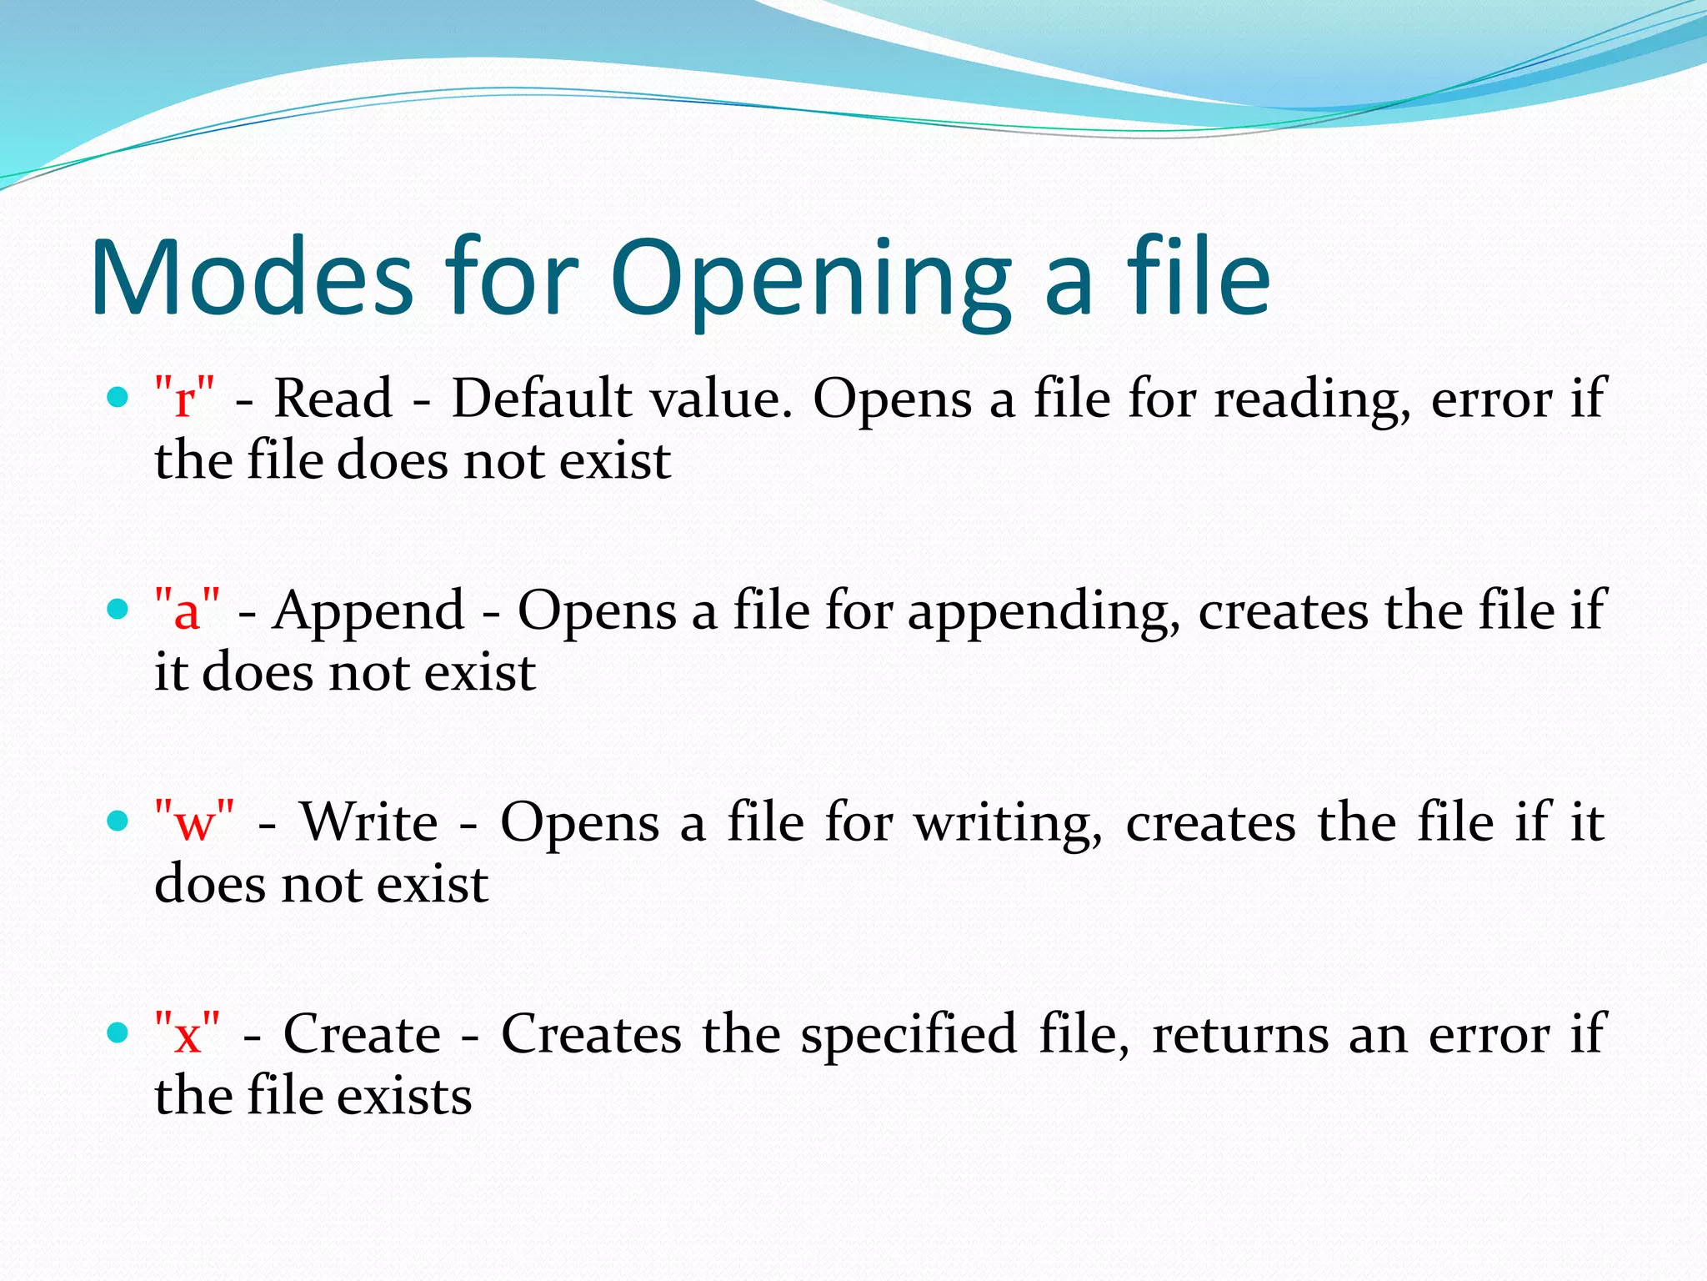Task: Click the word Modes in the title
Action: pos(252,278)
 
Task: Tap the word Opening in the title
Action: pos(810,284)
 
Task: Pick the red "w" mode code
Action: pos(194,821)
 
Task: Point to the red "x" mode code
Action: pos(188,1033)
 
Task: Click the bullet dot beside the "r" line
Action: pos(118,397)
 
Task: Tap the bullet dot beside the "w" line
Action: pos(118,821)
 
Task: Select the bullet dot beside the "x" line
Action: pos(118,1033)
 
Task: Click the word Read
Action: pos(333,398)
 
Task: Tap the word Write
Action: pos(368,821)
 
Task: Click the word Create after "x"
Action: pos(362,1033)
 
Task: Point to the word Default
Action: pos(541,398)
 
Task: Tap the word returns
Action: pos(1240,1035)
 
